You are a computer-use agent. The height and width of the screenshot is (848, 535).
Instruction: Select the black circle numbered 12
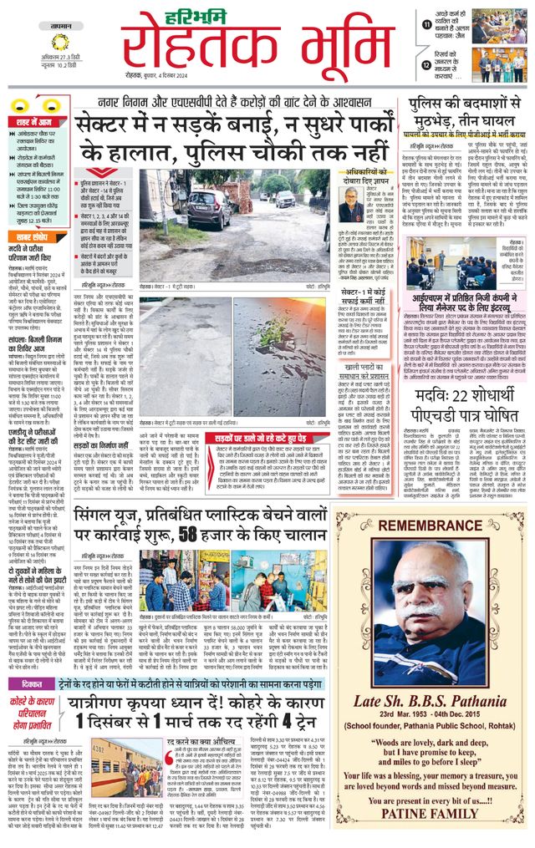(x=427, y=64)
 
